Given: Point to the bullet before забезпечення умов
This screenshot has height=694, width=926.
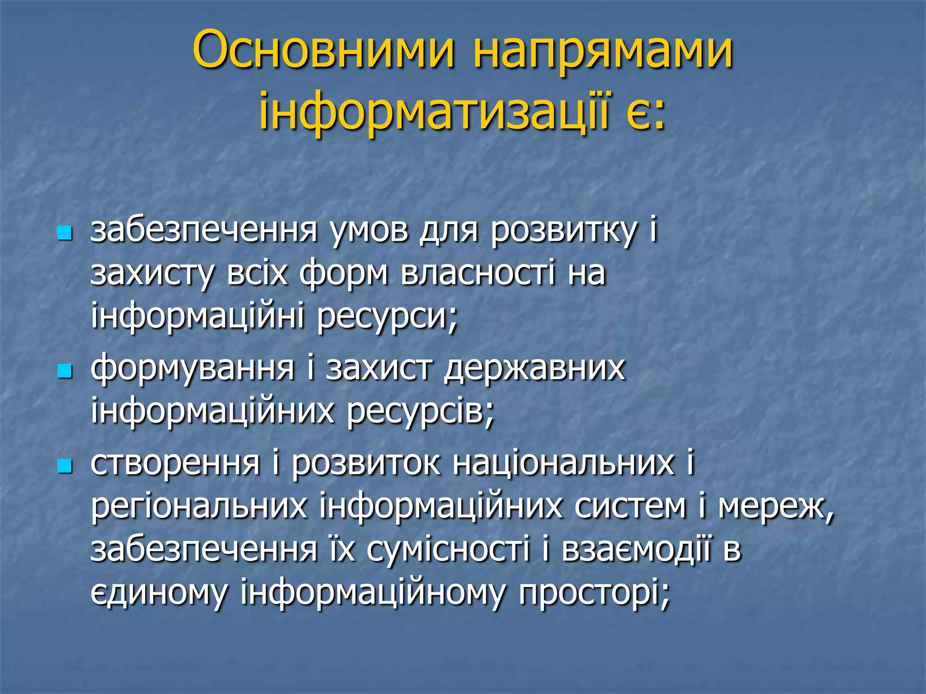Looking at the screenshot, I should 65,234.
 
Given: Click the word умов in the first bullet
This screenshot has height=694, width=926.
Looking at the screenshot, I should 368,231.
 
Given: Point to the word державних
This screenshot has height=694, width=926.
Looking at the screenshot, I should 534,369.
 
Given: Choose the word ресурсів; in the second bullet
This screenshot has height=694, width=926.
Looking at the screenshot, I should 420,412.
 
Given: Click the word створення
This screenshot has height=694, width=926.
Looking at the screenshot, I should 175,464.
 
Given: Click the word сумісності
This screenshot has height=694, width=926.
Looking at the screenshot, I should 448,549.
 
